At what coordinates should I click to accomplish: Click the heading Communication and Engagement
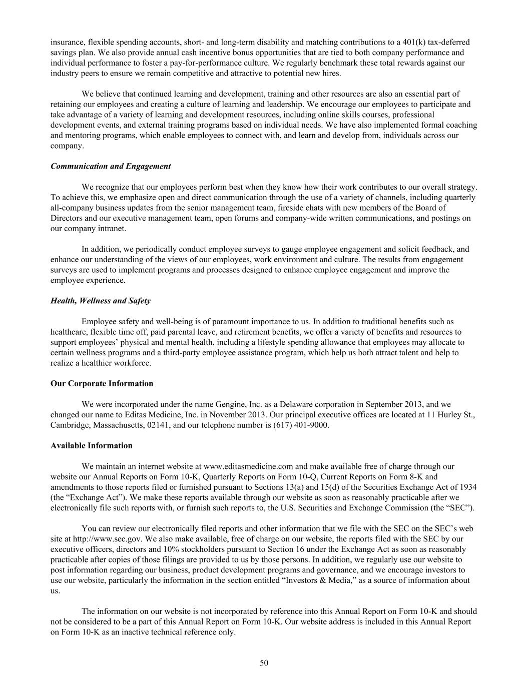(110, 167)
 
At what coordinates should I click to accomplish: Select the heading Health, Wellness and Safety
(100, 301)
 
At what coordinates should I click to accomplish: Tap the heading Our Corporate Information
(102, 384)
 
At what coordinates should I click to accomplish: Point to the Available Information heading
(91, 446)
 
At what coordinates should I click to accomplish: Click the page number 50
(264, 663)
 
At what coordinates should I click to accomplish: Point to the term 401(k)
(448, 42)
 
